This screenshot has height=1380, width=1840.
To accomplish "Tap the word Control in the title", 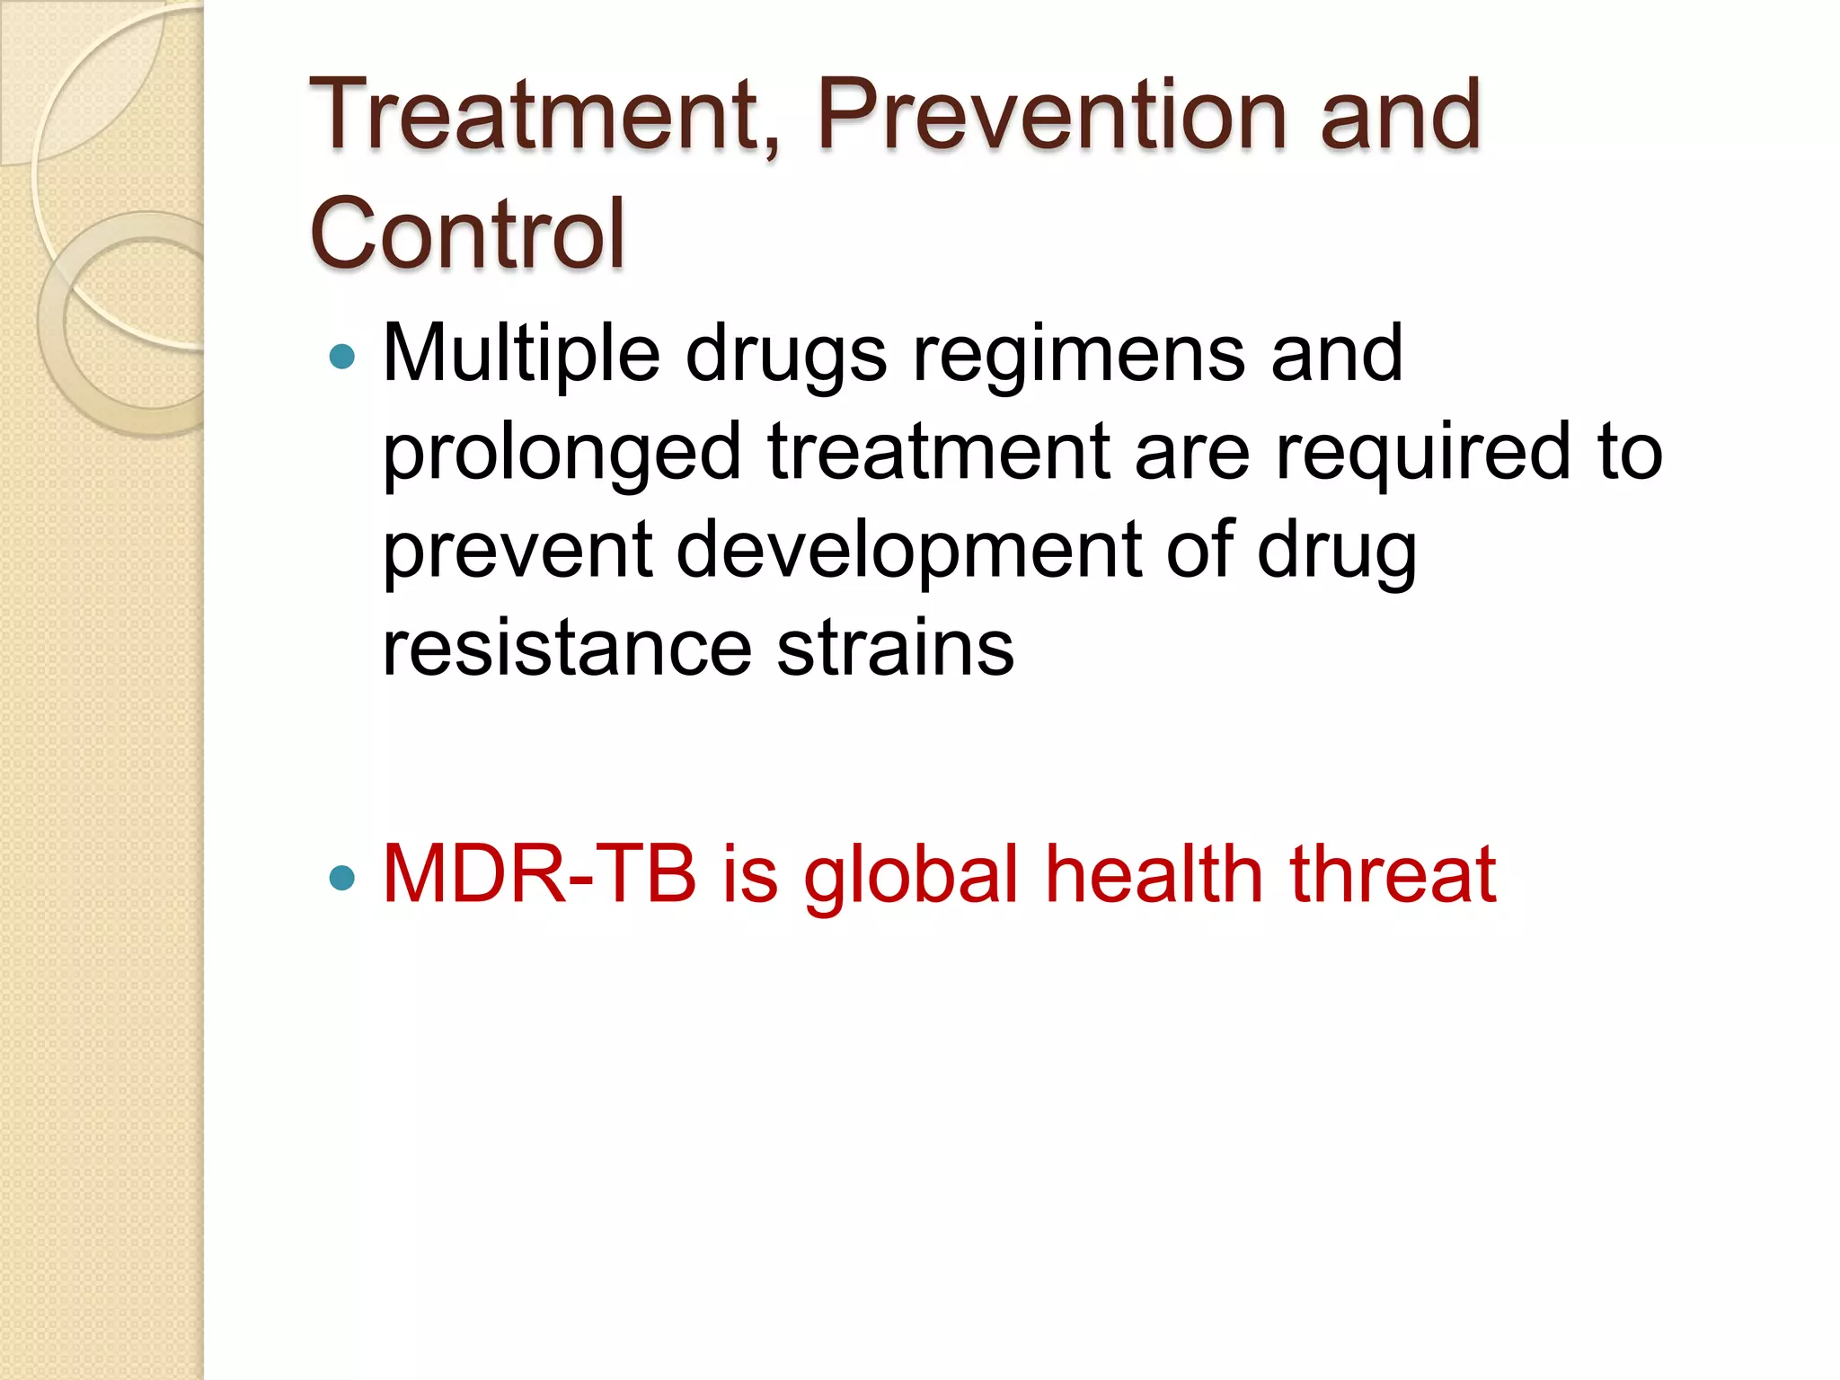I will [467, 234].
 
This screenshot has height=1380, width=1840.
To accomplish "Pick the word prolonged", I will [562, 454].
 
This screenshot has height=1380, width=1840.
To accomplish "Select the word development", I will [908, 553].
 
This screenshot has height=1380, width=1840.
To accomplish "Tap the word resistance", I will [567, 649].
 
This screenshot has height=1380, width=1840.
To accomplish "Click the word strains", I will [895, 649].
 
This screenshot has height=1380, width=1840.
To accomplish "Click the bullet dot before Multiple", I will [342, 358].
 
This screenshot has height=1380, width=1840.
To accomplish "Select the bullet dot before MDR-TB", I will [342, 877].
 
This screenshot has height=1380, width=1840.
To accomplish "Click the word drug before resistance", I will [1337, 553].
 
